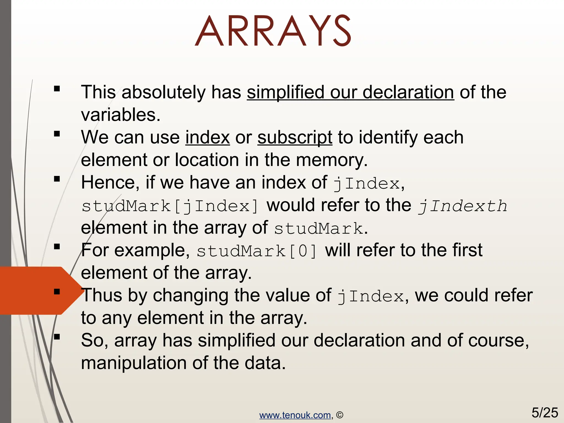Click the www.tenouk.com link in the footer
click(x=295, y=415)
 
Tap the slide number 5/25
click(x=544, y=413)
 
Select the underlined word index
click(x=207, y=137)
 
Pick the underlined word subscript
click(x=295, y=137)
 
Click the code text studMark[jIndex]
click(x=170, y=206)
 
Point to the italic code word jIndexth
click(x=462, y=206)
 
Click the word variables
click(x=120, y=115)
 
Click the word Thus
click(x=102, y=295)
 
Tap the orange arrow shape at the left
click(x=33, y=291)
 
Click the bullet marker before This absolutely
click(x=57, y=89)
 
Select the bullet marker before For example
click(x=57, y=247)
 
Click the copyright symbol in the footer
click(x=340, y=415)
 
